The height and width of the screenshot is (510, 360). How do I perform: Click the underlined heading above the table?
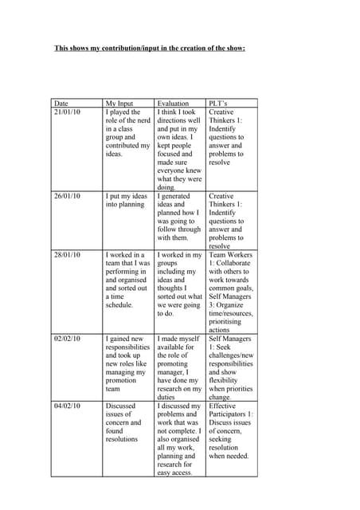[149, 49]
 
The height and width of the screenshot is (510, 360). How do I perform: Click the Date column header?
[61, 104]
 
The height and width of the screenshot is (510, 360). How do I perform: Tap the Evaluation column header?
[173, 104]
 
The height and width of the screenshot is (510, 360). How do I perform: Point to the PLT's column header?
[219, 104]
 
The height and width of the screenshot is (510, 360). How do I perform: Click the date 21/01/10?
[67, 113]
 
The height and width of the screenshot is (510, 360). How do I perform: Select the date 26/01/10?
[67, 196]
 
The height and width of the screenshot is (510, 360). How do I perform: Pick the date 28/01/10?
[67, 255]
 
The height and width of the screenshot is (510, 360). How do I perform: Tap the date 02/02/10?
[67, 339]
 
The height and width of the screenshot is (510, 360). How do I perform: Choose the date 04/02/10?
[67, 406]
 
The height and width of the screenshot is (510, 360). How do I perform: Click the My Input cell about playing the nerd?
[127, 133]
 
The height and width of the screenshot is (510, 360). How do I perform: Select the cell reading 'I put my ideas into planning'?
[127, 200]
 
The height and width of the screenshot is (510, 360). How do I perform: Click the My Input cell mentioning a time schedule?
[127, 280]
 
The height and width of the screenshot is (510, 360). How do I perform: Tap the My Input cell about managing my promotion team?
[127, 363]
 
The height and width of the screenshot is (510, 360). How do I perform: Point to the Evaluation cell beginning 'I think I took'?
[179, 150]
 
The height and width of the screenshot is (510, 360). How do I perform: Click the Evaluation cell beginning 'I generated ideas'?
[179, 217]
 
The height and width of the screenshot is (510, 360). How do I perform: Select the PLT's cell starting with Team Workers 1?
[231, 292]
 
